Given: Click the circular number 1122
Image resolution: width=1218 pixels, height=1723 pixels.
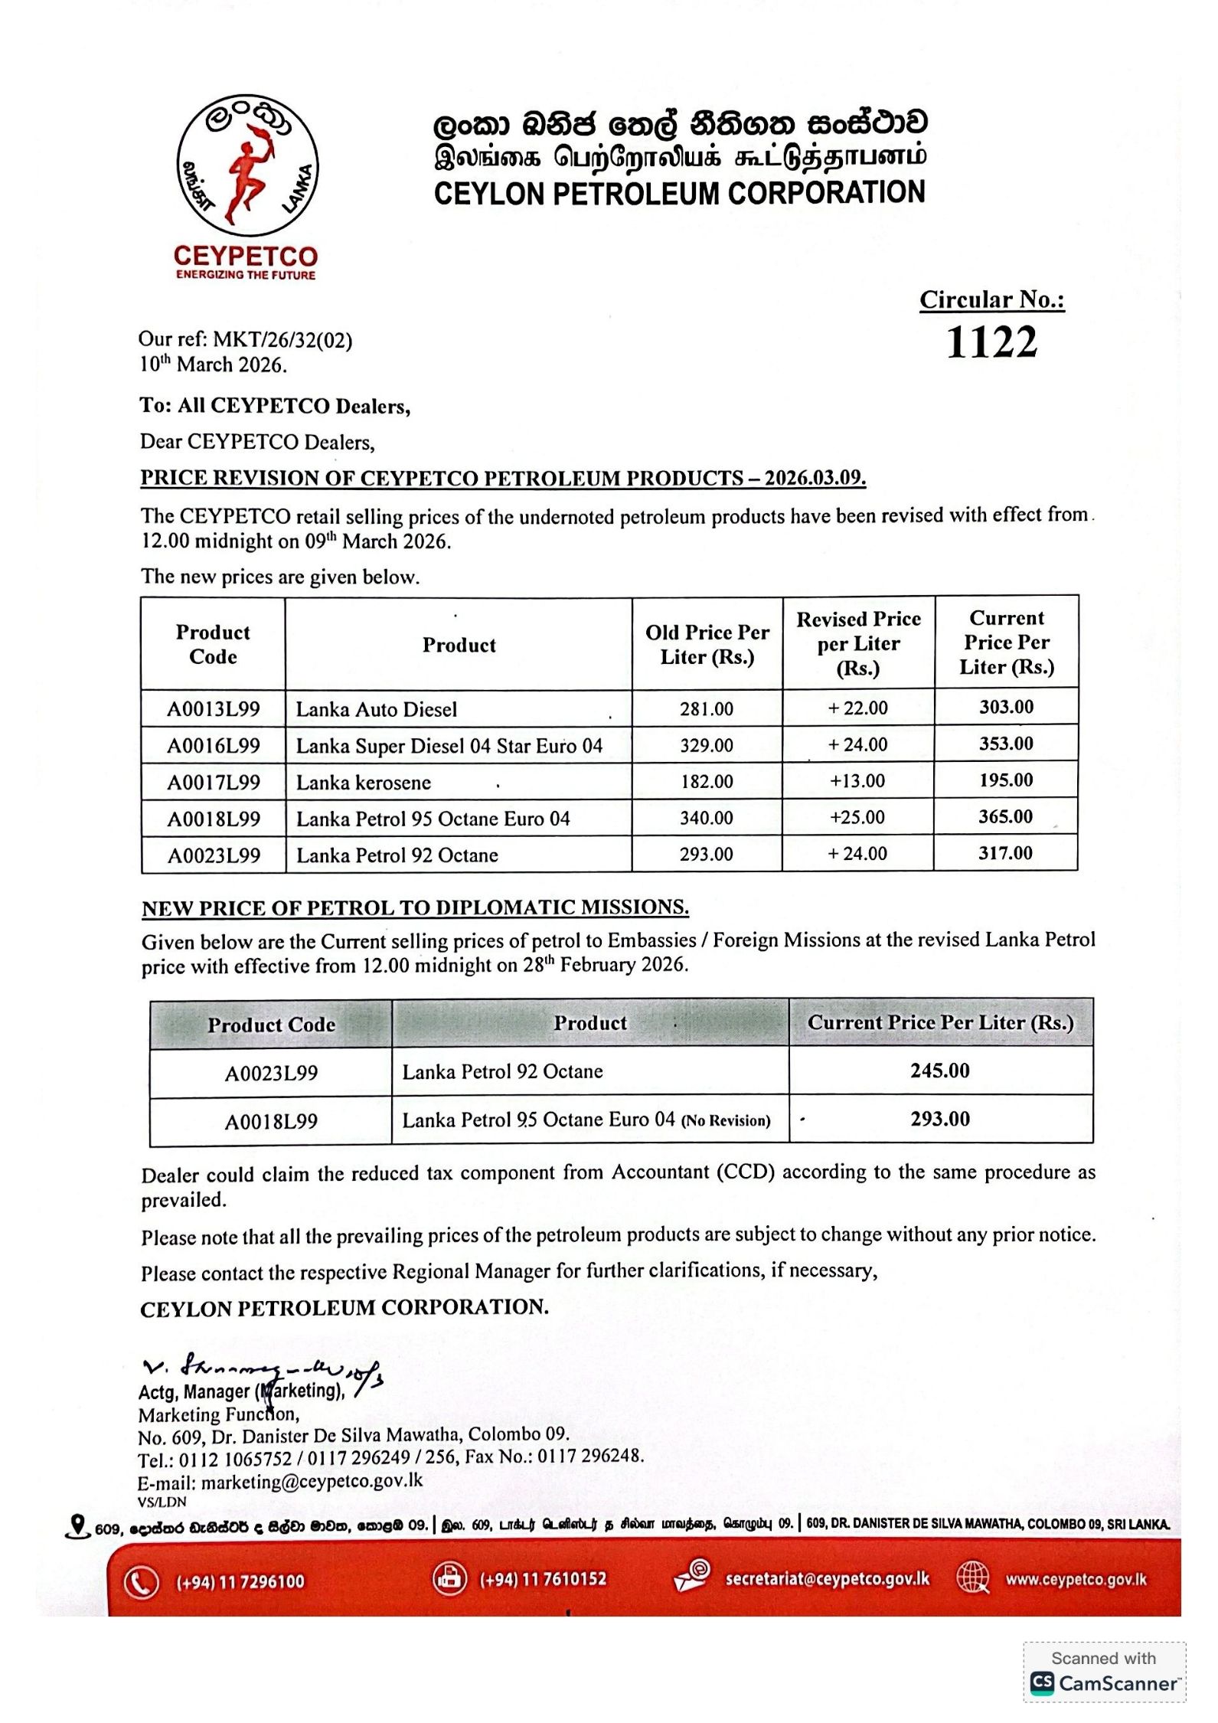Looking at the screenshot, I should [x=991, y=342].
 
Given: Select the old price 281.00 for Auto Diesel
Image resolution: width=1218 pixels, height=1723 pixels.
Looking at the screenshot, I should [x=706, y=709].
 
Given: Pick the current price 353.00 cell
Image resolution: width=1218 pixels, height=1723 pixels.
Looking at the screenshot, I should [x=1006, y=744].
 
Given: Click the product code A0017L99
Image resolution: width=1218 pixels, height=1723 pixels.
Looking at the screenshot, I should [x=214, y=782].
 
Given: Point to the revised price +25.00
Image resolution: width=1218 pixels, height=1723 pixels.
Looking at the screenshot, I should [x=857, y=817].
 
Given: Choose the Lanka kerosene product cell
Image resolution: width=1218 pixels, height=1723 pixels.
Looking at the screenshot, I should [x=364, y=782].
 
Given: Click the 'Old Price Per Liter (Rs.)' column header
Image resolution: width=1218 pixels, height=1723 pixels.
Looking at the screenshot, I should [x=707, y=644].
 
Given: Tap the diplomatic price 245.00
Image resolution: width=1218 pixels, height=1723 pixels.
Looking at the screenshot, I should [x=939, y=1071].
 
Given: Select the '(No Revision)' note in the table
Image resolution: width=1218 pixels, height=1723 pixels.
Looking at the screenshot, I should [x=726, y=1121].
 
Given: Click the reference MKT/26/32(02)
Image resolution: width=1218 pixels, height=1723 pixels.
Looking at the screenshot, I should [x=282, y=340].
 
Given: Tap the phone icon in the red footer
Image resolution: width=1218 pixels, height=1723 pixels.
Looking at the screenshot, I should [x=142, y=1582].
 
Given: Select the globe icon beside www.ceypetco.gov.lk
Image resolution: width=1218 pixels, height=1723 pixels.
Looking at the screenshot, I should [x=973, y=1578].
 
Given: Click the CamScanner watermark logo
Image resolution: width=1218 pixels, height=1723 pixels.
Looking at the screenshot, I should [x=1103, y=1682].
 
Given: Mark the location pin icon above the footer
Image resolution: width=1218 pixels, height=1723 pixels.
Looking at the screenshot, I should [x=77, y=1526].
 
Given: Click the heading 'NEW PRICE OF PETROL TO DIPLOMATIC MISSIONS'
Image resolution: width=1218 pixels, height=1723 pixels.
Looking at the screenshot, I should [x=415, y=907].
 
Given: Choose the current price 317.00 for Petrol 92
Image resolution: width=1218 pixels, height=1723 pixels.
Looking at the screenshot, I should [x=1005, y=853].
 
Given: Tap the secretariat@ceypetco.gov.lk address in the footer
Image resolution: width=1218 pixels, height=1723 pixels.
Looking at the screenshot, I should [x=827, y=1579].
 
